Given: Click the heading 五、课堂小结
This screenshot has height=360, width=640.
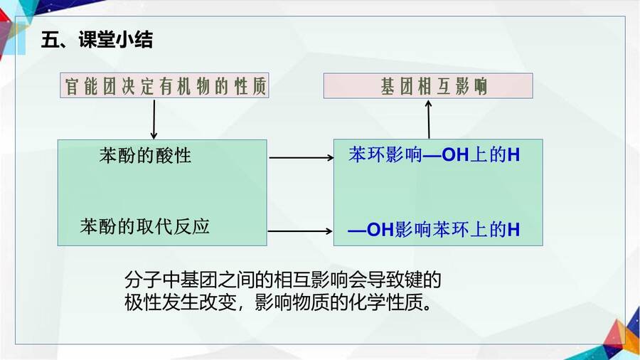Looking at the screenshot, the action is [x=97, y=40].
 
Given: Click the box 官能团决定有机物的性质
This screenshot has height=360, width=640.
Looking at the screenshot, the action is [x=164, y=85].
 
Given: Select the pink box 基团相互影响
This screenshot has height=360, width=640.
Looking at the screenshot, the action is [x=428, y=85].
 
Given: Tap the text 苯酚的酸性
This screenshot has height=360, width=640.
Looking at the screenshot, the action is [x=145, y=156].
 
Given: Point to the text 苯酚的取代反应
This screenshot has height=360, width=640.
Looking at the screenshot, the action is [x=145, y=226].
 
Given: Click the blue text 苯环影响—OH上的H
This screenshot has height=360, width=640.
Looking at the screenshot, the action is [x=434, y=155].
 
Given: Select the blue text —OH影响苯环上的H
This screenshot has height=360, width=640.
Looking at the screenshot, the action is [x=434, y=229].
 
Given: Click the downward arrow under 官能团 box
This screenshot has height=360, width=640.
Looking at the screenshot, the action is [x=154, y=120].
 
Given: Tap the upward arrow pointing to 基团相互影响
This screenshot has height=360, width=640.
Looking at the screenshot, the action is [x=429, y=120].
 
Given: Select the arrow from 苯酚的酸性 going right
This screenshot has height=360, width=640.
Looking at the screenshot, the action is [x=302, y=157].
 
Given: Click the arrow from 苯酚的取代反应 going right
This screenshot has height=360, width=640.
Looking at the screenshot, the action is [x=300, y=231].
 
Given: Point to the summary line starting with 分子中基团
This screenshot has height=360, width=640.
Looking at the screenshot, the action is [x=283, y=280].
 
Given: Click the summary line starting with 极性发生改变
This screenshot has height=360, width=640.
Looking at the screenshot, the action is [x=277, y=302].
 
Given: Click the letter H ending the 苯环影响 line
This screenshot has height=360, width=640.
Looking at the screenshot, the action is [x=514, y=155].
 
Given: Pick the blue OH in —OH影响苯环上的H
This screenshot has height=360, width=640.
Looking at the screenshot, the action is [x=380, y=230].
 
